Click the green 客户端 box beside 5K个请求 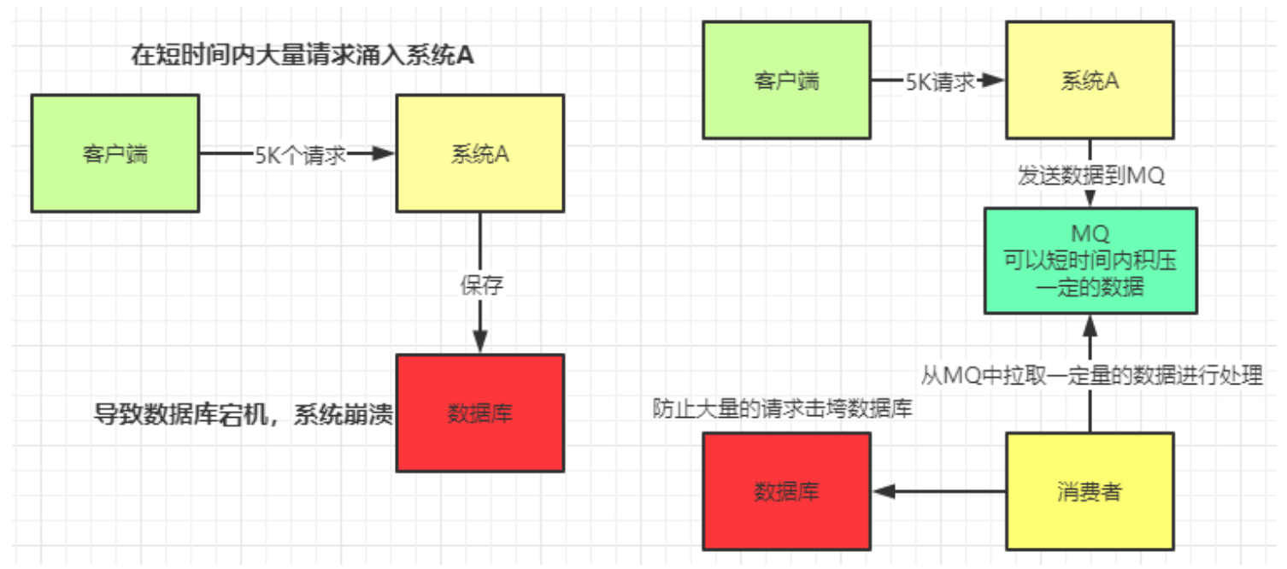(115, 154)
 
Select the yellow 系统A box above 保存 (479, 154)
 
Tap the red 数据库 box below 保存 (479, 414)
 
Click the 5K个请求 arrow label (300, 155)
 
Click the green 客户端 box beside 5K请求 (785, 81)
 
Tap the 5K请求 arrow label (940, 81)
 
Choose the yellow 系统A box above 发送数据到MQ (1090, 81)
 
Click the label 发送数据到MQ (1090, 175)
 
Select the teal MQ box (1090, 261)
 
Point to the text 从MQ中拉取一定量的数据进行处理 (1091, 375)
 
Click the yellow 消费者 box (1090, 491)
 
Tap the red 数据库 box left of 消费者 (785, 491)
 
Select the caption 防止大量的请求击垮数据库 (782, 408)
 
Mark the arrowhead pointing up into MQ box (1090, 326)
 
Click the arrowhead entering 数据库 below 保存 (479, 343)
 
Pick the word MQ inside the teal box (1090, 233)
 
